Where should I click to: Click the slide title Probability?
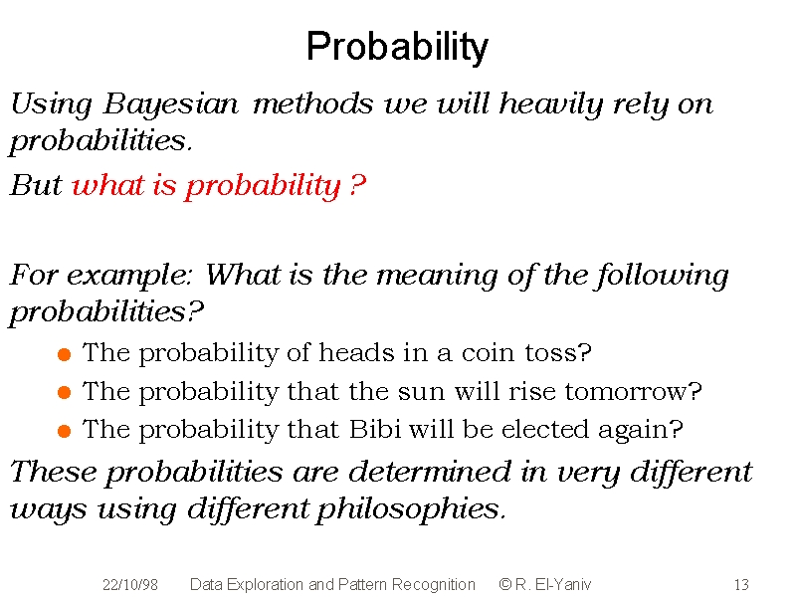coord(397,47)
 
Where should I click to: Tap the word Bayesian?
coord(170,105)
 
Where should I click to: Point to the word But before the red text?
coord(36,185)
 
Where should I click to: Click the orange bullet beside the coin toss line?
coord(64,354)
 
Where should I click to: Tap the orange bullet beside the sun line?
coord(64,392)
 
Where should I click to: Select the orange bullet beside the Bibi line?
coord(64,431)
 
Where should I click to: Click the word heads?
coord(356,352)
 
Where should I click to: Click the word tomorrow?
coord(633,391)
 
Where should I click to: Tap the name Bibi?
coord(375,430)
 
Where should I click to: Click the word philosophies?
coord(411,509)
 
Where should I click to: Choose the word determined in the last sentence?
coord(430,472)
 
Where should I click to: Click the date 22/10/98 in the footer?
coord(130,585)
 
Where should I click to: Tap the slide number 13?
coord(741,585)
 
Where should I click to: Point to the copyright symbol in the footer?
coord(505,584)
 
